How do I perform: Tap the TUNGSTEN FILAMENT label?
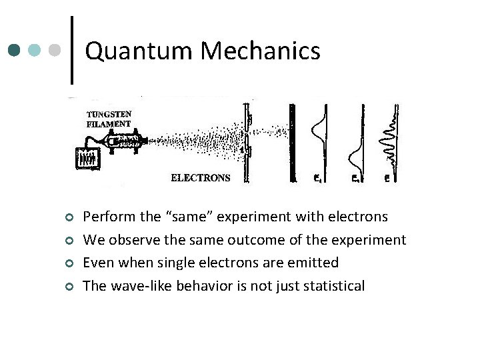pyautogui.click(x=109, y=118)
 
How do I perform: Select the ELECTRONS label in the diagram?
pyautogui.click(x=201, y=178)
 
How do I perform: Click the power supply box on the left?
pyautogui.click(x=87, y=158)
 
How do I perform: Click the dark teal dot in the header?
pyautogui.click(x=15, y=50)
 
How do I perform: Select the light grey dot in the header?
pyautogui.click(x=56, y=50)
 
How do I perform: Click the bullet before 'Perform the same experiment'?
pyautogui.click(x=68, y=217)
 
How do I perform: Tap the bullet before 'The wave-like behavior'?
pyautogui.click(x=68, y=287)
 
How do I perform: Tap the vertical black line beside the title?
pyautogui.click(x=72, y=50)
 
